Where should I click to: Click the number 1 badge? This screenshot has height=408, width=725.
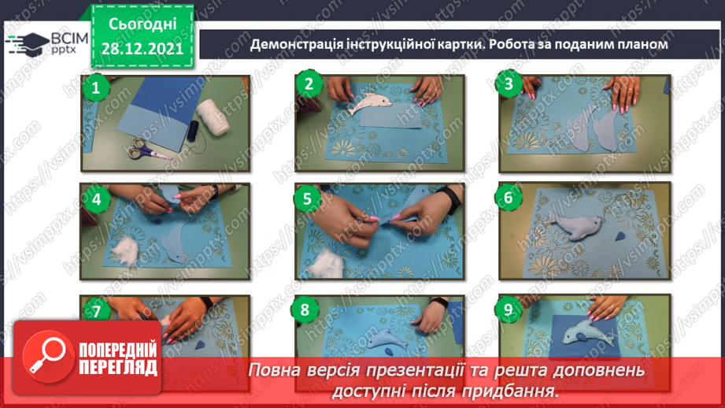(x=96, y=88)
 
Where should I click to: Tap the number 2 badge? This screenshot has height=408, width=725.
(x=309, y=84)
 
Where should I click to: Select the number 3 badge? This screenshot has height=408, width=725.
(x=509, y=84)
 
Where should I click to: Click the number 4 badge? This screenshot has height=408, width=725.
(x=96, y=199)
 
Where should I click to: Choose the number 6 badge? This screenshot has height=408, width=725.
(x=509, y=197)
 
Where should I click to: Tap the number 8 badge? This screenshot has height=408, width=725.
(x=305, y=310)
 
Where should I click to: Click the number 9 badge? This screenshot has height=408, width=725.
(x=509, y=310)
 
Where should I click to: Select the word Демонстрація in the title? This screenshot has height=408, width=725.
(x=296, y=44)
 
